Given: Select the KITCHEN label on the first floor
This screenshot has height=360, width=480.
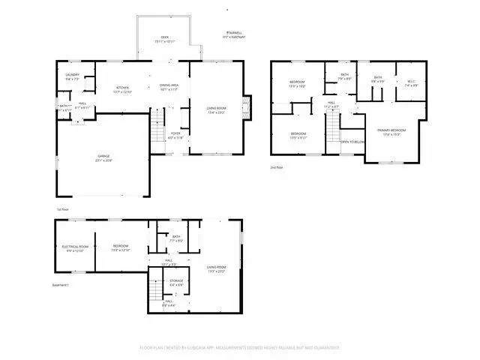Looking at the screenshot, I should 123,89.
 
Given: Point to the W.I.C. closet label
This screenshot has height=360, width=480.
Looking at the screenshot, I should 411,83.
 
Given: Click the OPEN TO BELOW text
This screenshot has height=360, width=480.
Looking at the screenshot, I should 352,141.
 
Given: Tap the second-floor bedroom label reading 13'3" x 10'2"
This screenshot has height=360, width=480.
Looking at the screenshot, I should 298,85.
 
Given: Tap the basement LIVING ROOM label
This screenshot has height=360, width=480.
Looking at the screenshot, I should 217,268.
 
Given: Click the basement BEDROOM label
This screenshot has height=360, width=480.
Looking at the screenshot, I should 121,247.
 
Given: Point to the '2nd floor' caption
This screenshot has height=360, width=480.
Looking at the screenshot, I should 277,167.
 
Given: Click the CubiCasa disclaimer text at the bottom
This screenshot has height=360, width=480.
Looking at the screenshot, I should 240,347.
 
